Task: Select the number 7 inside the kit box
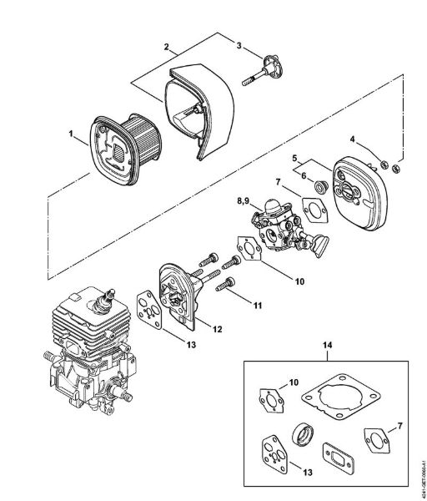click(400, 427)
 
